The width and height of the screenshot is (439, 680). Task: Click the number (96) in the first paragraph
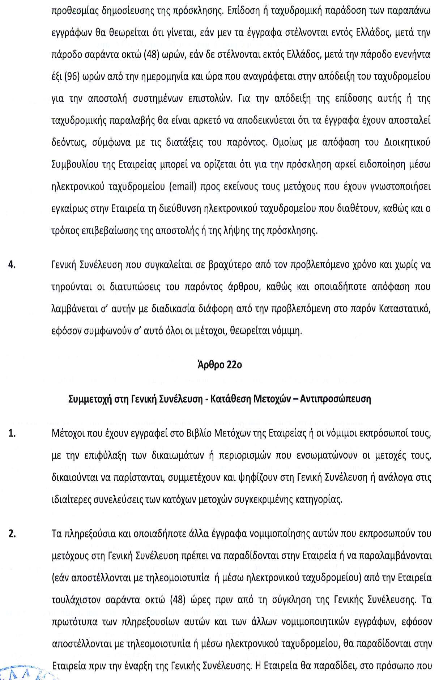[71, 77]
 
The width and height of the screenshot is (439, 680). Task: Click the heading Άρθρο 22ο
[220, 365]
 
